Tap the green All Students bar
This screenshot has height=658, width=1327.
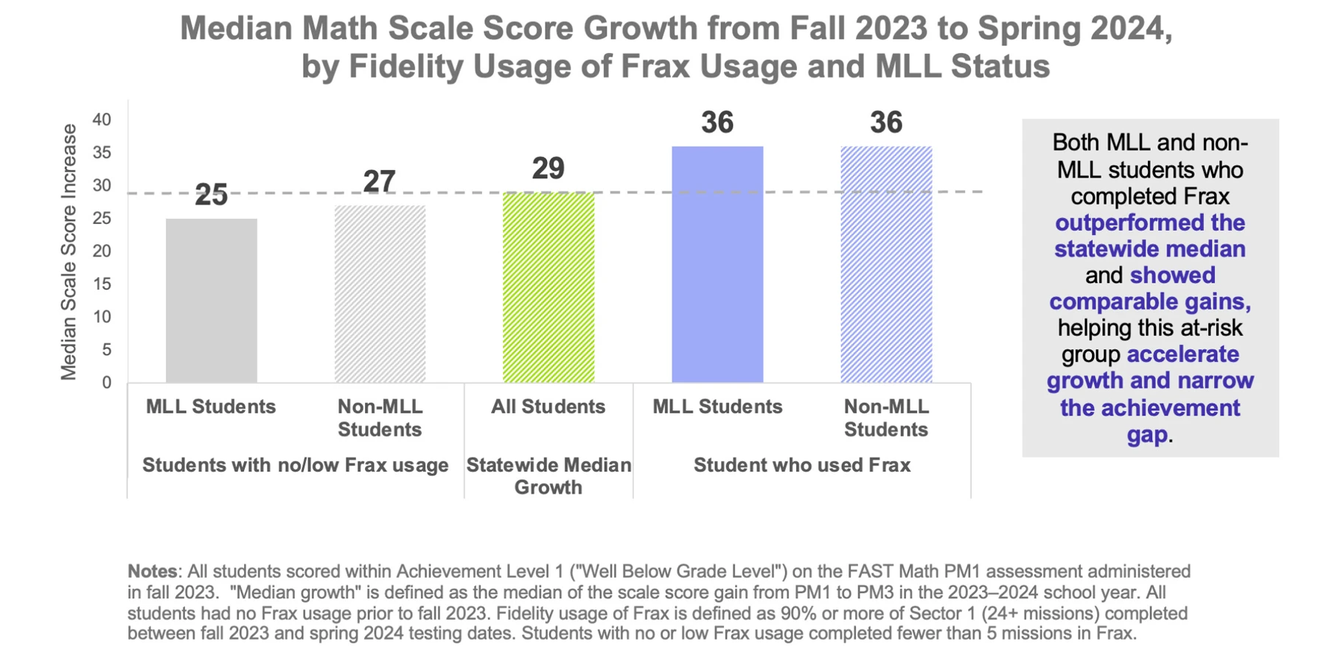[x=548, y=287]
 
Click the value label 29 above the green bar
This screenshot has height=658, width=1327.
[x=548, y=169]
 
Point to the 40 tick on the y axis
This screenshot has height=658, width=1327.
[x=102, y=119]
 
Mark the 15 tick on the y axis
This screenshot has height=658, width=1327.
[x=102, y=284]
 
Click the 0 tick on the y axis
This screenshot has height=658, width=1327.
[x=107, y=382]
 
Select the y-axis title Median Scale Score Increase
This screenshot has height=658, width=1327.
[x=69, y=251]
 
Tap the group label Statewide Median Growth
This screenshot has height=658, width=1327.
[x=548, y=476]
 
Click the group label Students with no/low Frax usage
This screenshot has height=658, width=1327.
[x=295, y=465]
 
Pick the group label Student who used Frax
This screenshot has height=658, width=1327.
[x=801, y=465]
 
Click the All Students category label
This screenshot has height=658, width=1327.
[x=548, y=407]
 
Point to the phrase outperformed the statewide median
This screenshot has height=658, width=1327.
[x=1149, y=236]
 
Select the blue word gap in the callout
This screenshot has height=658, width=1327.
[x=1147, y=434]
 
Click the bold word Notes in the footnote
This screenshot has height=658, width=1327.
[x=152, y=571]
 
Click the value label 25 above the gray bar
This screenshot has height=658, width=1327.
[x=211, y=195]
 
